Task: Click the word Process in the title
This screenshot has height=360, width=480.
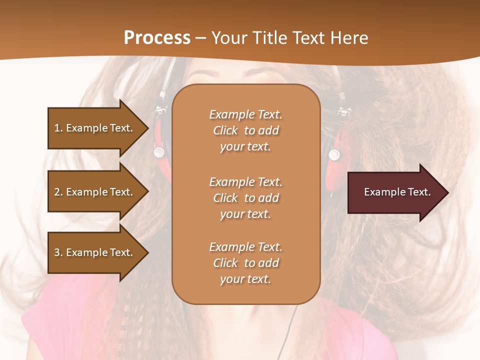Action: [x=157, y=38]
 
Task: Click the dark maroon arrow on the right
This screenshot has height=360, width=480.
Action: [x=395, y=192]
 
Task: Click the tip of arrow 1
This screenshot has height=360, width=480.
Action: [x=147, y=128]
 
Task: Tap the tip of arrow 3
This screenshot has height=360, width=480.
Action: [x=147, y=252]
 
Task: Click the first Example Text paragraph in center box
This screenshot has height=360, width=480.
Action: [x=245, y=130]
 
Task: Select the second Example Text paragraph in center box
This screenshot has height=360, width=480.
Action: [x=245, y=198]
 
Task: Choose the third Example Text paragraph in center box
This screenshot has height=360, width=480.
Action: [x=245, y=263]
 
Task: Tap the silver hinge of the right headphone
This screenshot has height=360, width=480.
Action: [x=334, y=154]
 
